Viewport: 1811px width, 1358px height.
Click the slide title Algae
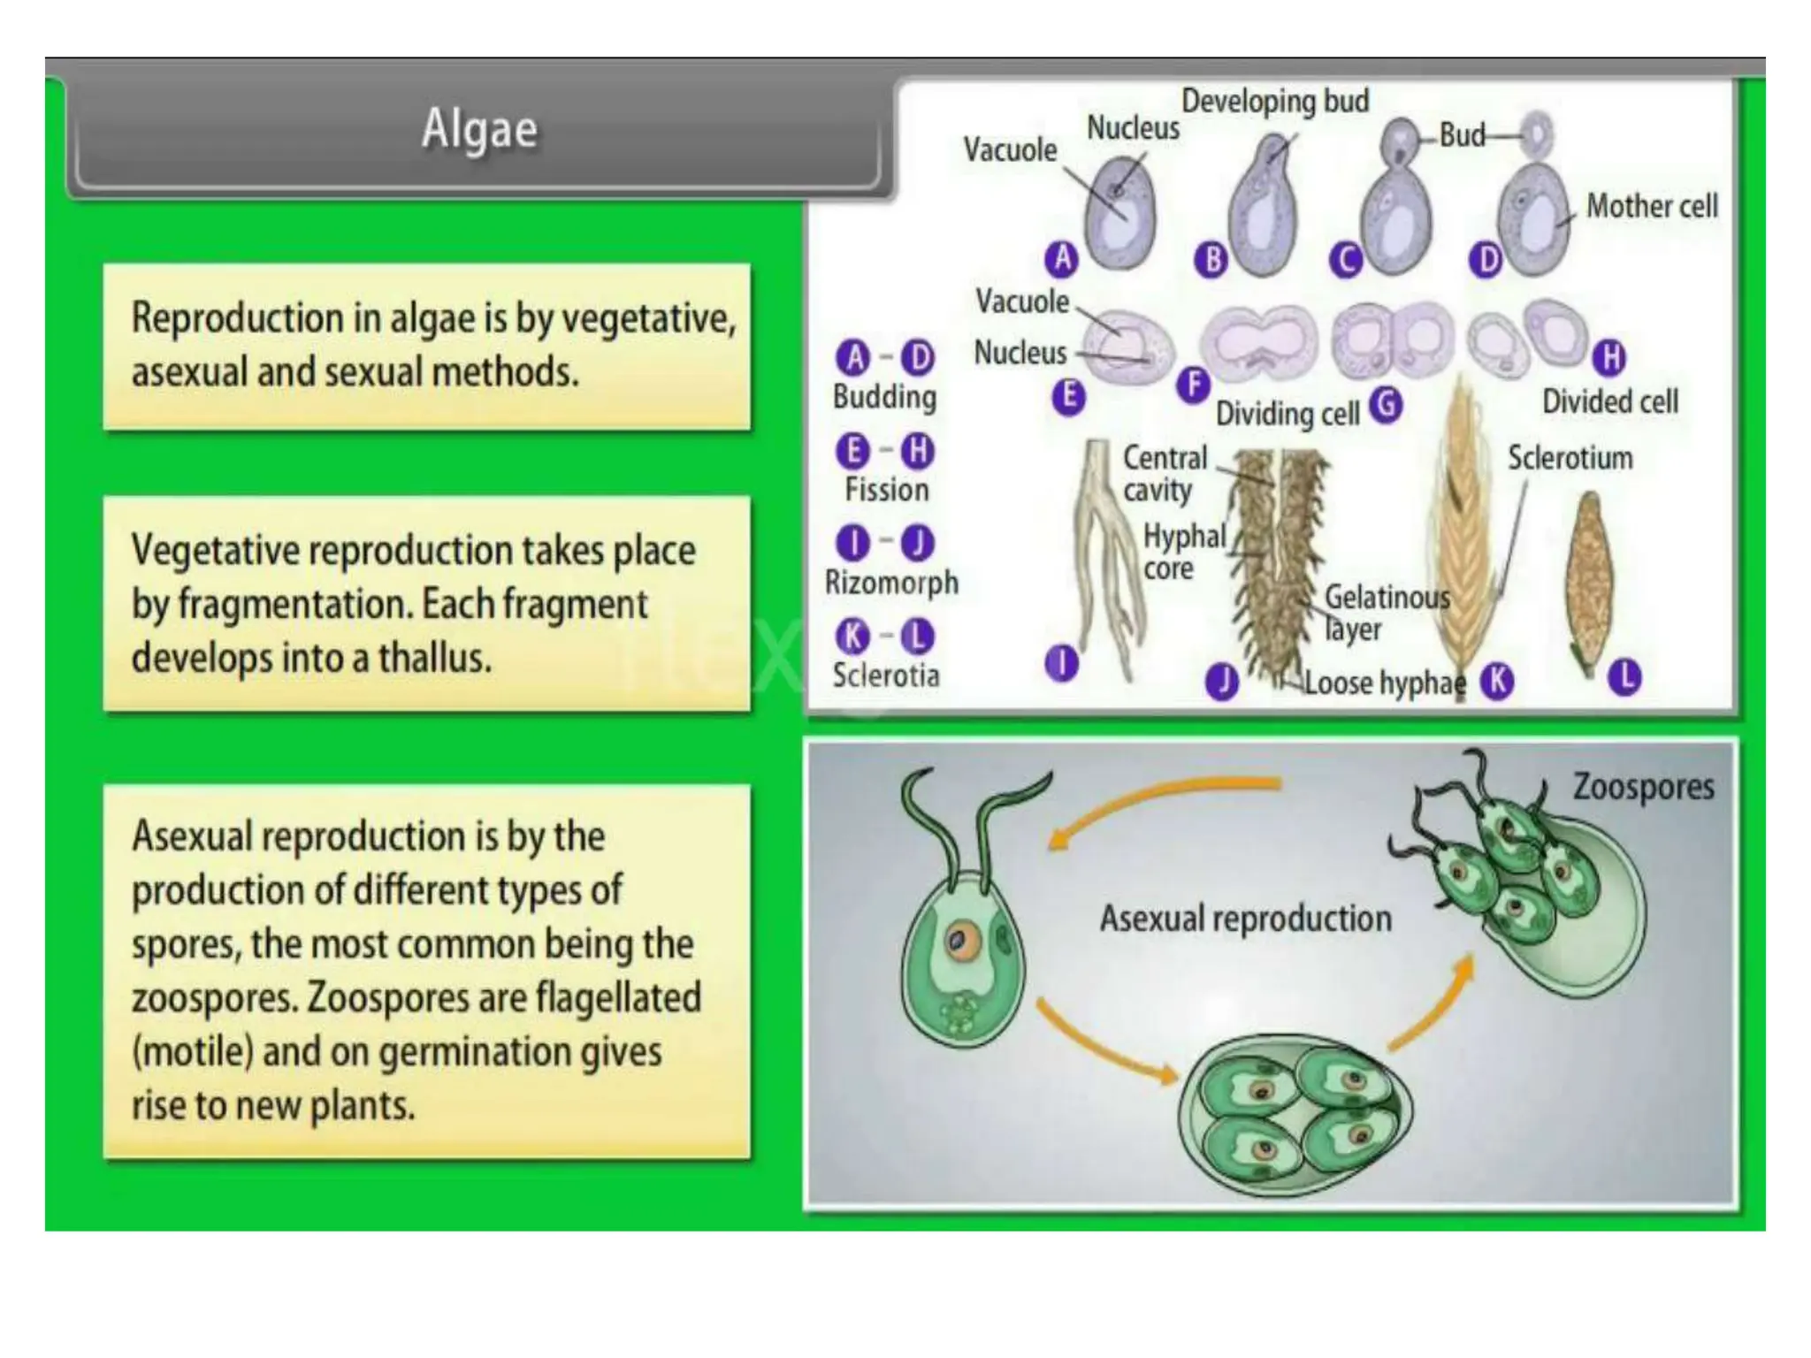tap(479, 130)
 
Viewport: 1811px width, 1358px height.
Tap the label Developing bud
tap(1274, 102)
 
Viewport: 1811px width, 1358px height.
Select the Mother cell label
tap(1651, 206)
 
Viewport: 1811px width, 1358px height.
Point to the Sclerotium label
tap(1570, 458)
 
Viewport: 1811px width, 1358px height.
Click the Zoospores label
tap(1643, 786)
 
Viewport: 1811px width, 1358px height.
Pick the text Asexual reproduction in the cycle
tap(1245, 919)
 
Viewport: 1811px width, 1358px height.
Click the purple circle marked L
tap(1624, 677)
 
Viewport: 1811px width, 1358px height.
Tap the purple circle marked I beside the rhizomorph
tap(1061, 663)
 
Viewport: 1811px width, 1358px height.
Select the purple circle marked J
tap(1222, 682)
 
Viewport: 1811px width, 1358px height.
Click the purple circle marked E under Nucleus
tap(1068, 396)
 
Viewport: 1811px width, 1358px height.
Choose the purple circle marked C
tap(1346, 260)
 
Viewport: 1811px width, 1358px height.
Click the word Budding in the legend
tap(884, 397)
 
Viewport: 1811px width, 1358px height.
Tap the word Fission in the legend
tap(886, 490)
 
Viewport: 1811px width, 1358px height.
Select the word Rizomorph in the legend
tap(891, 583)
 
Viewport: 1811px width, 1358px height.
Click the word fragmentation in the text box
tap(294, 605)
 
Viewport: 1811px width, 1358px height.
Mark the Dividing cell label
tap(1287, 413)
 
